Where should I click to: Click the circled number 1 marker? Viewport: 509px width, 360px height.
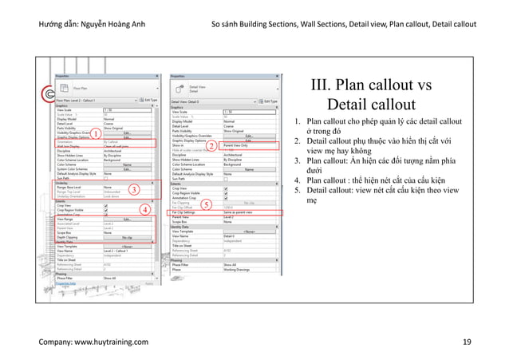[x=93, y=134]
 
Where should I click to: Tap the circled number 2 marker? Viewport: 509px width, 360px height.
[x=211, y=147]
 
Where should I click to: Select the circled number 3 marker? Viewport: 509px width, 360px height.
[x=135, y=189]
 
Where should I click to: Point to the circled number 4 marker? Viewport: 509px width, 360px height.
[x=145, y=209]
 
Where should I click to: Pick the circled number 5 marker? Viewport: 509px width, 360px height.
[x=205, y=205]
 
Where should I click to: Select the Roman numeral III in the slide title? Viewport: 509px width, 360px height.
[x=326, y=86]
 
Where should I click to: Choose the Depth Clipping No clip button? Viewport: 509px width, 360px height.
[x=125, y=237]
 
